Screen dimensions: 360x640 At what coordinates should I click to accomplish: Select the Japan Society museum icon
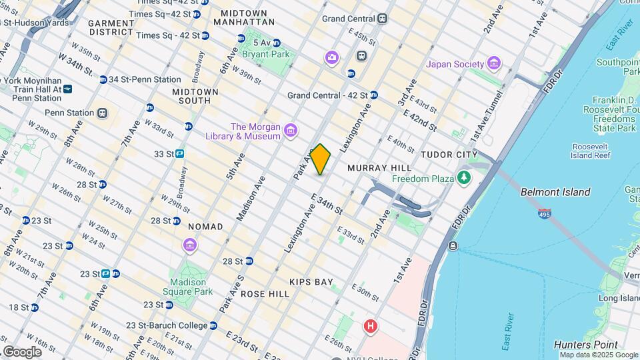(x=493, y=64)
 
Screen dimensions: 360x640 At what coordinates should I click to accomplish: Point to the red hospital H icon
(x=370, y=327)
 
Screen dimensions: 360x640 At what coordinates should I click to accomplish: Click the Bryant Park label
(x=265, y=53)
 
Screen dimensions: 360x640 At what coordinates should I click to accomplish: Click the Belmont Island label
(x=555, y=192)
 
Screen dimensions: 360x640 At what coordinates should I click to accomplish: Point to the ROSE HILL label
(x=265, y=294)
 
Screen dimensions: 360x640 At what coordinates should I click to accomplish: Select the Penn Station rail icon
(x=102, y=113)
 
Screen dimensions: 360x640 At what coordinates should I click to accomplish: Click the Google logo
(x=22, y=351)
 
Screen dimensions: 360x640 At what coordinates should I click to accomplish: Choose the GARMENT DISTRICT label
(x=111, y=27)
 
